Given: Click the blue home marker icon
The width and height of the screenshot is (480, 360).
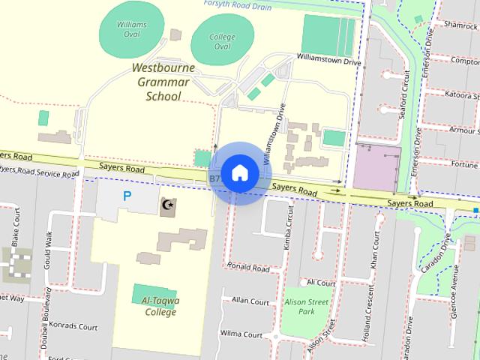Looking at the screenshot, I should click(239, 173).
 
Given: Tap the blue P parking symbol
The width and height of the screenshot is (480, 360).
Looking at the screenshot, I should click(127, 196).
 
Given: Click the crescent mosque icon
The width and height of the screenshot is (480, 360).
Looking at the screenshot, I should click(167, 205).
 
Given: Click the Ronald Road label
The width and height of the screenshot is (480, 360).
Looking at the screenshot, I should click(249, 267).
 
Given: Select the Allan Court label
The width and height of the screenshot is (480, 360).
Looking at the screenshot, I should click(250, 301).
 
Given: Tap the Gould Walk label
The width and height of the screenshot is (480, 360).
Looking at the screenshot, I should click(49, 249).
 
